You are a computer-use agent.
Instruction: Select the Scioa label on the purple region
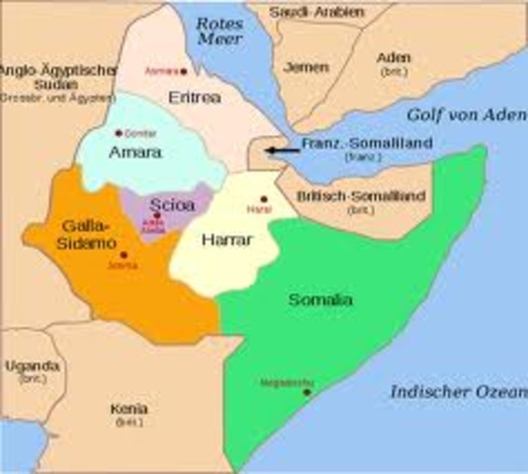click(172, 205)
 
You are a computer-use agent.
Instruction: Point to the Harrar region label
click(224, 240)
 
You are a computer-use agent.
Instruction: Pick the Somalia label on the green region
click(318, 299)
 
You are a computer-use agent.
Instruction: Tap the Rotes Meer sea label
click(219, 31)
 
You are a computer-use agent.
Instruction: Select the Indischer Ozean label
click(456, 391)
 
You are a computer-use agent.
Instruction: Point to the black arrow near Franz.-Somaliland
click(285, 151)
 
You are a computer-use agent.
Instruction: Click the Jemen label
click(306, 67)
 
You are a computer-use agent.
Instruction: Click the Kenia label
click(131, 408)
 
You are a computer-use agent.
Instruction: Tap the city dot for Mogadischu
click(307, 392)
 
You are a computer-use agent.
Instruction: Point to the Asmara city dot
click(188, 71)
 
